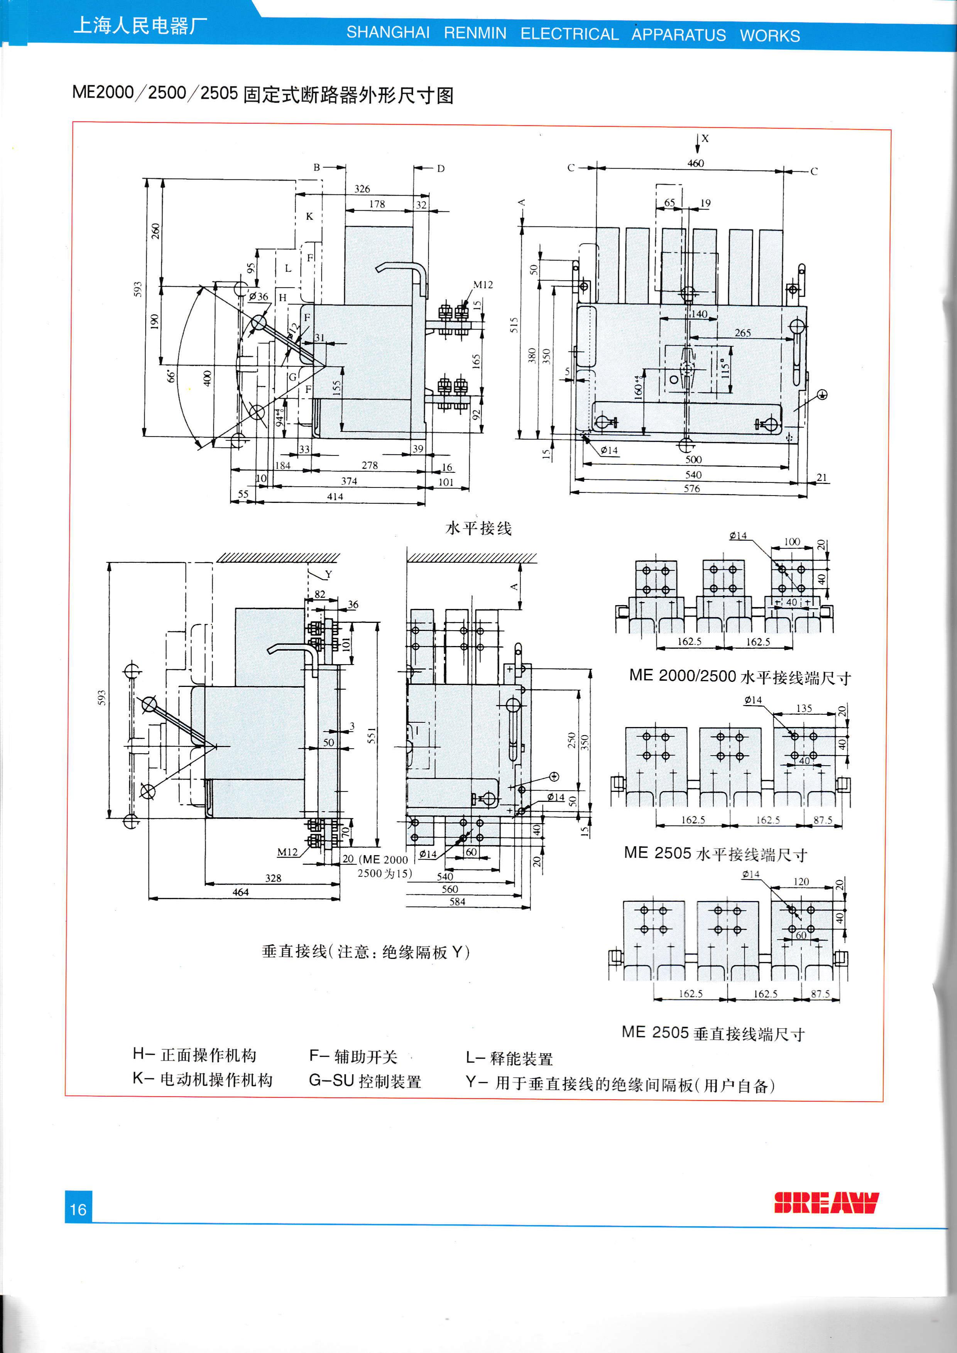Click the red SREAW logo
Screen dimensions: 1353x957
(826, 1203)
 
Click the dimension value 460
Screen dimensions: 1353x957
(695, 163)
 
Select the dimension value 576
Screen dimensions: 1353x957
(692, 489)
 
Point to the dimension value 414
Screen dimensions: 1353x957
(335, 497)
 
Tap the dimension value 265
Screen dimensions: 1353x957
(742, 333)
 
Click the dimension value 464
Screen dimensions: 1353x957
(240, 892)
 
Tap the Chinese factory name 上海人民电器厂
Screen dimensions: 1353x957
(140, 26)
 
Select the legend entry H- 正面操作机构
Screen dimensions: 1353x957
(194, 1055)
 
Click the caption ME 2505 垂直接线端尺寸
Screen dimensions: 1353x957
(713, 1033)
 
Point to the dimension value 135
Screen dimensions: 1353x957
(804, 709)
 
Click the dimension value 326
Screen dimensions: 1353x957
(362, 189)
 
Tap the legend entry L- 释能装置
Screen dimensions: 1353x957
(509, 1058)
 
